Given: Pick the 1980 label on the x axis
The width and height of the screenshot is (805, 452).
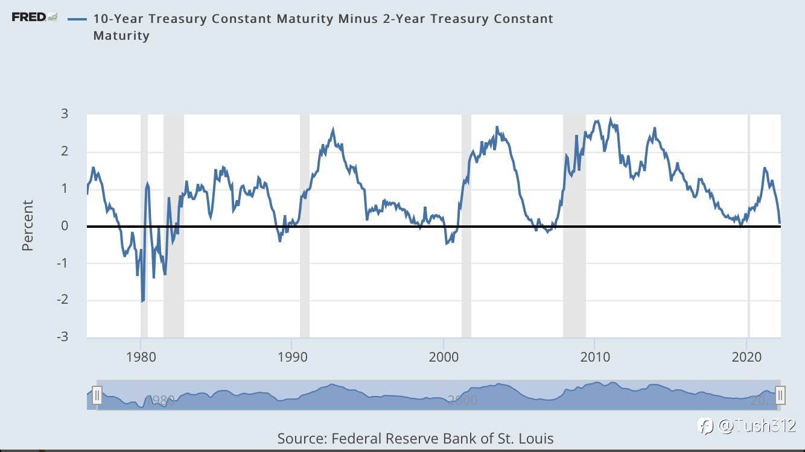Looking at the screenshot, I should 141,356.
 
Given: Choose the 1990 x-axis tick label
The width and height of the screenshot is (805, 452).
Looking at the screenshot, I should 292,356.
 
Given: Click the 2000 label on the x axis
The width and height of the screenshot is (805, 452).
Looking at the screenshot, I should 444,356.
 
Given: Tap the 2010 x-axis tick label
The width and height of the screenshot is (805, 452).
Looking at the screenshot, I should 595,356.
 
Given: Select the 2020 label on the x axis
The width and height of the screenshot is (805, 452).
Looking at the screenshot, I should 747,356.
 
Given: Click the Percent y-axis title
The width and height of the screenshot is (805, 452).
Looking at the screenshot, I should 28,225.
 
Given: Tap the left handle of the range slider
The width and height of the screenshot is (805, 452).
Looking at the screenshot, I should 97,395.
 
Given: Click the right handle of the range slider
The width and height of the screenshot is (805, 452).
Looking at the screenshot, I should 780,395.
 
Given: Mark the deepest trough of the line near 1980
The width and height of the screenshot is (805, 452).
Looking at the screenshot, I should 142,301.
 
